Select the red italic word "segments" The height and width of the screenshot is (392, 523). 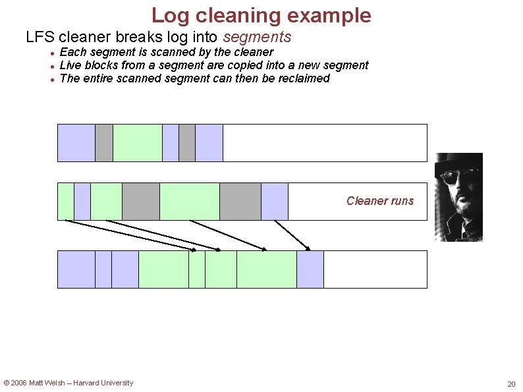coord(257,37)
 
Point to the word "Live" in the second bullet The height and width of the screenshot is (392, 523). coord(70,65)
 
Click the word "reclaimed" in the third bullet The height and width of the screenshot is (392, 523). coord(304,78)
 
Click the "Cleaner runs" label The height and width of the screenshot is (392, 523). coord(380,201)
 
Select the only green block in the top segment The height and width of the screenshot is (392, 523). coord(138,142)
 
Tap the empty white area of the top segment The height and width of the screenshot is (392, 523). coord(324,142)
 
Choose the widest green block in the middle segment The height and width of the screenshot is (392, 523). coord(190,201)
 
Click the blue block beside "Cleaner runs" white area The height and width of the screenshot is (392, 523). coord(275,201)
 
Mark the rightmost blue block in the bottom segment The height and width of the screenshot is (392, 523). coord(310,269)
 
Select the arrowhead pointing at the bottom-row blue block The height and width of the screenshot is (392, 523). coord(308,248)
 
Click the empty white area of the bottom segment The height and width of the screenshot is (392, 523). coord(375,269)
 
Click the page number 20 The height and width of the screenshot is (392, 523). coord(511,384)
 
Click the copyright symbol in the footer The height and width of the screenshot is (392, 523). coord(7,383)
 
